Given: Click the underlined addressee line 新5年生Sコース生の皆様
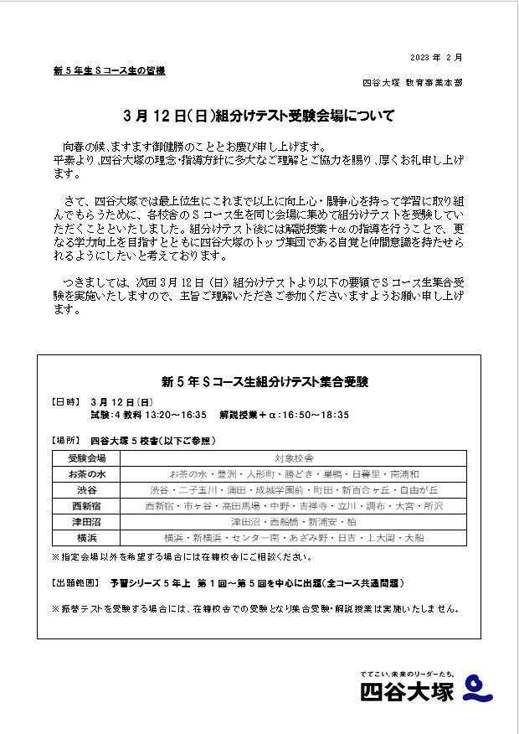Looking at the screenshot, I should [109, 71].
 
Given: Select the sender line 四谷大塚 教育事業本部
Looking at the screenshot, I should [411, 83].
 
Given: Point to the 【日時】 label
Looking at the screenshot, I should [69, 402].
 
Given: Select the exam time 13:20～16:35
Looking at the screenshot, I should [176, 415].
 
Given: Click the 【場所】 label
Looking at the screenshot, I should [69, 441].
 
